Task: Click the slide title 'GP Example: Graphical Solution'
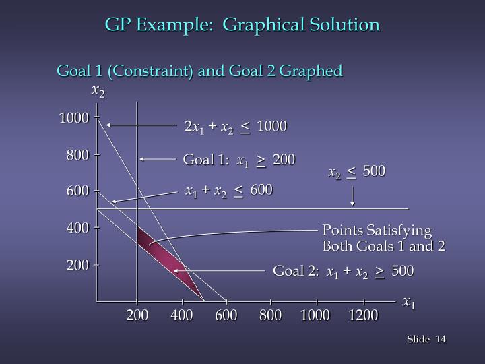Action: (243, 25)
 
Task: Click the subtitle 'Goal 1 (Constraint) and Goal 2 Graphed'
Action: (200, 70)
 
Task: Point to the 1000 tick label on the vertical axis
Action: (73, 119)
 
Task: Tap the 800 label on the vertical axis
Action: (77, 156)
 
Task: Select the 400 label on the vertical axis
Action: (77, 229)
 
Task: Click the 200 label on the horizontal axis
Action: (137, 315)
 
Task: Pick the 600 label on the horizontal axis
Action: (226, 315)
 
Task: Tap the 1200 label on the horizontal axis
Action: (363, 315)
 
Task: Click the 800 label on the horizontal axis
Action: (270, 315)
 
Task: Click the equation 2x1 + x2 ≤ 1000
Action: (235, 127)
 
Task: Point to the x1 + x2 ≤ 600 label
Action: (229, 191)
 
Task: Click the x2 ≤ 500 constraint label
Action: (357, 172)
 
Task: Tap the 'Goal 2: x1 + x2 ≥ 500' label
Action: (343, 271)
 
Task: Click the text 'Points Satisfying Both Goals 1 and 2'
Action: (383, 237)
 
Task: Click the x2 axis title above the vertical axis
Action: (98, 91)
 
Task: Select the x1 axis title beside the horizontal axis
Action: (409, 303)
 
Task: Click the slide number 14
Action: (441, 338)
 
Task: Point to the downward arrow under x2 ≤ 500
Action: (352, 197)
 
